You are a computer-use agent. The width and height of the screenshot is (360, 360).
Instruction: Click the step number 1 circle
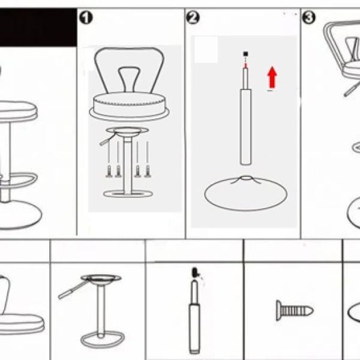(x=86, y=17)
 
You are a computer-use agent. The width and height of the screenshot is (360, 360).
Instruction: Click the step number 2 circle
(x=193, y=17)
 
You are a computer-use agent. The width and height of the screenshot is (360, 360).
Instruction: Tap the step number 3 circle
(x=308, y=17)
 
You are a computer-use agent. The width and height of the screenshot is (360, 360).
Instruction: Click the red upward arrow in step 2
(x=272, y=77)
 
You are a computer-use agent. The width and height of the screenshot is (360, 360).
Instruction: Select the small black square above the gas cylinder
(x=245, y=54)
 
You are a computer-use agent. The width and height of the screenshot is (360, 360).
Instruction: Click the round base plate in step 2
(x=245, y=193)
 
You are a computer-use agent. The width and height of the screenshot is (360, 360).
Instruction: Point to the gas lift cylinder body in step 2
(x=245, y=127)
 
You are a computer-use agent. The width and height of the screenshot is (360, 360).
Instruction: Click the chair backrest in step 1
(x=129, y=70)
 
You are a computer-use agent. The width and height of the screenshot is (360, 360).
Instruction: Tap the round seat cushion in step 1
(x=129, y=106)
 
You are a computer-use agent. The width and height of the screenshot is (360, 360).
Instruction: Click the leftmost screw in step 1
(x=109, y=171)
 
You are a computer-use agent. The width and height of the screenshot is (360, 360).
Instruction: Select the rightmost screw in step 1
(x=148, y=171)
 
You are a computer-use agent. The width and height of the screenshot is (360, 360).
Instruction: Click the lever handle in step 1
(x=107, y=139)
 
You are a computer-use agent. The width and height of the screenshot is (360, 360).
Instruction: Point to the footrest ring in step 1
(x=128, y=194)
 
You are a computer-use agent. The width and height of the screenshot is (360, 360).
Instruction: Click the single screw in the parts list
(x=295, y=311)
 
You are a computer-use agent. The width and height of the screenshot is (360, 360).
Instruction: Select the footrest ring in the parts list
(x=103, y=340)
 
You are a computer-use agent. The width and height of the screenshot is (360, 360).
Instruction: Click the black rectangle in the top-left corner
(x=38, y=28)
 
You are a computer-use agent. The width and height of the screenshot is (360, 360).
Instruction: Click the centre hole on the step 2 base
(x=246, y=178)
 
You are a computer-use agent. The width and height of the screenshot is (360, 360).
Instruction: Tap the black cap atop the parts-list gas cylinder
(x=194, y=272)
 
